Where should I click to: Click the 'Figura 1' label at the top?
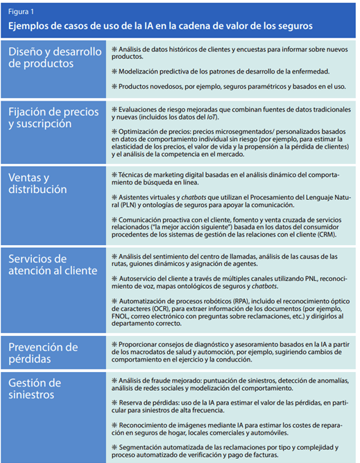tap(21, 12)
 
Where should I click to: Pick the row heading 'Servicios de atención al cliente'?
tap(55, 265)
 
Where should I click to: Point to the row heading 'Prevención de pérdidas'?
tap(43, 353)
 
